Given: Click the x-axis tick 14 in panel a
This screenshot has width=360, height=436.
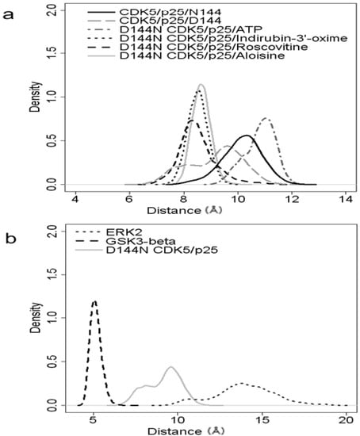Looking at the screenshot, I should pyautogui.click(x=345, y=199).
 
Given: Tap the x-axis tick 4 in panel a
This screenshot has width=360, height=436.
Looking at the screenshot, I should pyautogui.click(x=76, y=199).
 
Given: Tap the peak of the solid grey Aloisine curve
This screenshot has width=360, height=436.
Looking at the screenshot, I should pyautogui.click(x=201, y=85).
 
